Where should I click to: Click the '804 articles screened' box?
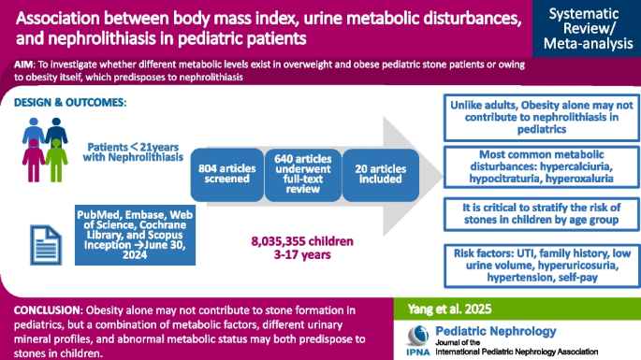[x=225, y=174]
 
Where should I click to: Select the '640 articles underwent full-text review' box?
[x=299, y=174]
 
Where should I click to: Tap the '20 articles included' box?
[x=372, y=174]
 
